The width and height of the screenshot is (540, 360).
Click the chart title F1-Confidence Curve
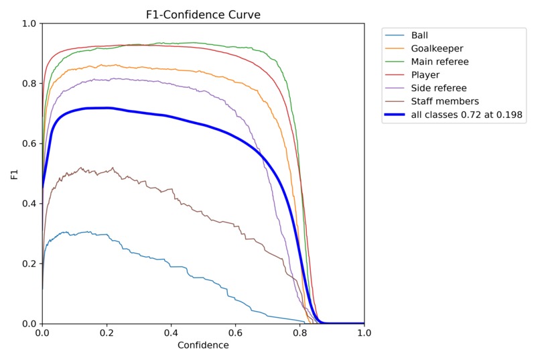coord(203,14)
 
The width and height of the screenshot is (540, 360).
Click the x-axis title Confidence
coord(203,346)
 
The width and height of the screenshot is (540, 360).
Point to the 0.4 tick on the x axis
coord(171,333)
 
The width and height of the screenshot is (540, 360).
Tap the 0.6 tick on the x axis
coord(235,333)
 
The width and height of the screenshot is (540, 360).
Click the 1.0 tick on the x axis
coord(364,333)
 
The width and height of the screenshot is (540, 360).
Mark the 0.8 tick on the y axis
coord(29,84)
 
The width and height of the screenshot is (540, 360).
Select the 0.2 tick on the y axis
coord(29,263)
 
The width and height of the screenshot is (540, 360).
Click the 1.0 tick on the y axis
coord(29,24)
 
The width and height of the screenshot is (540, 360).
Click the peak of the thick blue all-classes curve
coord(106,108)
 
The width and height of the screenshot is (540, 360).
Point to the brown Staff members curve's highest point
coord(81,168)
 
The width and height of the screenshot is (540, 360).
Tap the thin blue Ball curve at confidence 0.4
coord(171,266)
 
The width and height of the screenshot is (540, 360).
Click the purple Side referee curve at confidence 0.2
coord(107,79)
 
